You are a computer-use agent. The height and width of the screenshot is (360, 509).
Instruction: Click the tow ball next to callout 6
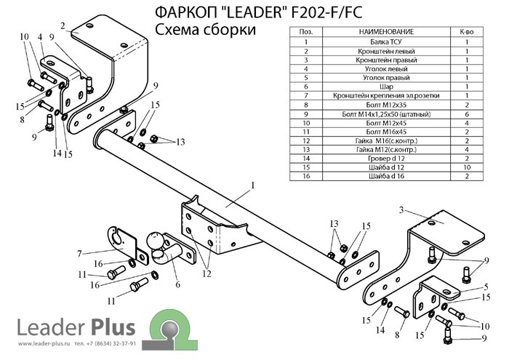point(156,241)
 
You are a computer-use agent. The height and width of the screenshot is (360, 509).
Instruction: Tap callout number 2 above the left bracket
point(63,27)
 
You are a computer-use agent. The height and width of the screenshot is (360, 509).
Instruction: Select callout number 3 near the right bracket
point(400,209)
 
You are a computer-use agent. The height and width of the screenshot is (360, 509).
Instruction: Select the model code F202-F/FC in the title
point(312,12)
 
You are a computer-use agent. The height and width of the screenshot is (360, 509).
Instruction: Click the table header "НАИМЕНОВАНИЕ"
point(386,32)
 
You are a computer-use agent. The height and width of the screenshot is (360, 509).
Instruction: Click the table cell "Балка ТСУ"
point(386,42)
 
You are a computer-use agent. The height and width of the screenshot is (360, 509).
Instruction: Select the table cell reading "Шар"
point(386,84)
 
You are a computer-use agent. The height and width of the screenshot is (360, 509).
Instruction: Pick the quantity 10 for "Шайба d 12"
point(467,166)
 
